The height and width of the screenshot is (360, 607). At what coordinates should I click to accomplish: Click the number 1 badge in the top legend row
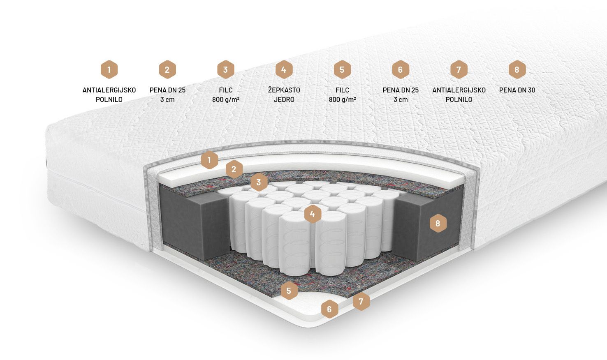click(x=109, y=69)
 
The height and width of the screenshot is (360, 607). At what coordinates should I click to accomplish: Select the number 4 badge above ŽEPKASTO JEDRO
click(x=284, y=69)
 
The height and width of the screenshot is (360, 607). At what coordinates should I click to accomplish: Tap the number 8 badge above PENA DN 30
click(x=517, y=69)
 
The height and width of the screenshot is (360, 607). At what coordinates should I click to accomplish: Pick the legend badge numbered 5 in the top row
click(x=342, y=69)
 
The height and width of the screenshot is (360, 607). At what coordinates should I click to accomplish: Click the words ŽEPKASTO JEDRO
click(x=284, y=95)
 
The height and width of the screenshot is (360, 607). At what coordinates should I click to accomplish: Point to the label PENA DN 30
click(x=517, y=90)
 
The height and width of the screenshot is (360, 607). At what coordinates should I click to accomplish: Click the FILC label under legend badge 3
click(x=226, y=90)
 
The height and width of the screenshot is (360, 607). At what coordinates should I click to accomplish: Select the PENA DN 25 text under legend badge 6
click(x=401, y=90)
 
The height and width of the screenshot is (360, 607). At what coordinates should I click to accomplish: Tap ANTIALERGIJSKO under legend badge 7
click(x=459, y=90)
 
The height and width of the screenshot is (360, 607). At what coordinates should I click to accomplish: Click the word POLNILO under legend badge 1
click(x=109, y=99)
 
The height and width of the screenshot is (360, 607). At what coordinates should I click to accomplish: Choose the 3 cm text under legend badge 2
click(x=167, y=99)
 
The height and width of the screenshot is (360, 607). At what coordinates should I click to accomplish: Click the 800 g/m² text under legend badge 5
click(x=342, y=99)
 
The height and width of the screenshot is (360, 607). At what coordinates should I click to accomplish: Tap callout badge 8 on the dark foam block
click(x=438, y=223)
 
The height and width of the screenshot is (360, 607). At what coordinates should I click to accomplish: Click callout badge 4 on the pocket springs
click(x=313, y=214)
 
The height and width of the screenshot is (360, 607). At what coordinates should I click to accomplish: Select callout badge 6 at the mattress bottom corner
click(x=329, y=309)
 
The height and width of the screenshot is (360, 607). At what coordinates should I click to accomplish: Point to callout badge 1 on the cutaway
click(x=209, y=160)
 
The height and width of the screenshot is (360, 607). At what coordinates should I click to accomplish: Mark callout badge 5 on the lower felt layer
click(x=289, y=291)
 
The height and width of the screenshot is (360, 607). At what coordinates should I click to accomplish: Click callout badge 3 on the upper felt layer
click(x=259, y=182)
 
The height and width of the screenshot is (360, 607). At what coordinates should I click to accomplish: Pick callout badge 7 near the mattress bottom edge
click(x=361, y=301)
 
